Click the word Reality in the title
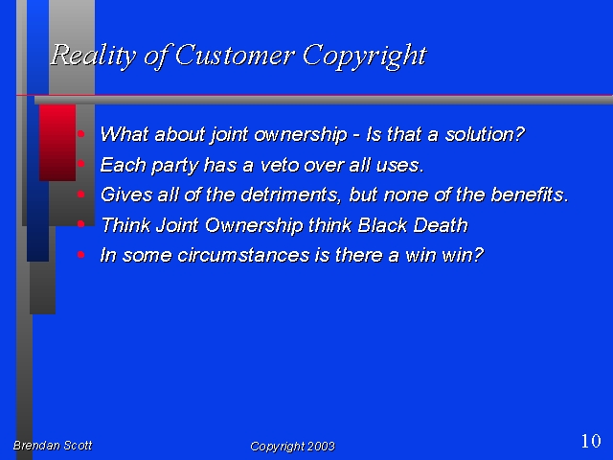point(94,56)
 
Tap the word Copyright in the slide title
point(364,57)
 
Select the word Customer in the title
point(235,55)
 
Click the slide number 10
point(591,441)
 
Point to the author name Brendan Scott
point(53,445)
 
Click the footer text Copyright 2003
point(292,447)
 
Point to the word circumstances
point(242,256)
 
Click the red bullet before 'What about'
point(80,134)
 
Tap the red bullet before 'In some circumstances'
point(80,255)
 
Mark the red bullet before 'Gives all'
point(80,195)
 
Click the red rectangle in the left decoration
point(57,143)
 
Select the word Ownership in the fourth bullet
point(254,226)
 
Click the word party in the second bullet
point(174,166)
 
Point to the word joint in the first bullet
point(230,135)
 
